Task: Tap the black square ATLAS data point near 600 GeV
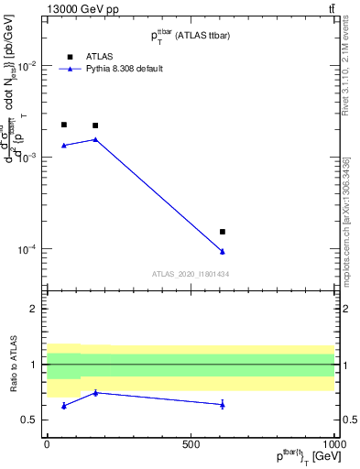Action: (223, 232)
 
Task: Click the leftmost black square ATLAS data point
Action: (64, 125)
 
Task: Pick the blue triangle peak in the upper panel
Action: (95, 139)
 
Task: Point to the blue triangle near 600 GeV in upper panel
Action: (223, 251)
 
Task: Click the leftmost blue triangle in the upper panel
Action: (64, 145)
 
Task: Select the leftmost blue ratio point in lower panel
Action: (64, 405)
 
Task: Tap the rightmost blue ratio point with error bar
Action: (223, 404)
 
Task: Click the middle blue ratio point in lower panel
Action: (95, 392)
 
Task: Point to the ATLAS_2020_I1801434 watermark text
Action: (190, 274)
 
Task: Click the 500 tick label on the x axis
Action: (191, 442)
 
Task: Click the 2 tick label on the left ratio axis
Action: (34, 309)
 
